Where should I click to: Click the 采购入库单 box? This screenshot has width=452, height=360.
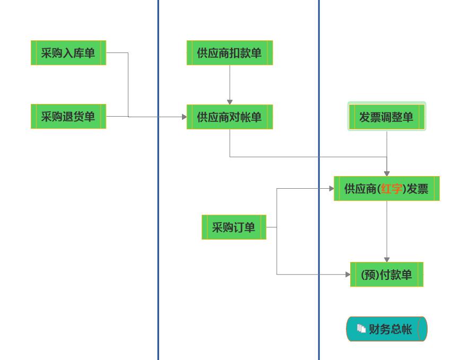(x=68, y=53)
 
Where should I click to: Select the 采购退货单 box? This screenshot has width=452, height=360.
(x=68, y=117)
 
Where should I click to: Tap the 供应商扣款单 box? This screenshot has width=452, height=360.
(x=230, y=53)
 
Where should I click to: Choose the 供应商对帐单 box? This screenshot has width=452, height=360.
(x=230, y=117)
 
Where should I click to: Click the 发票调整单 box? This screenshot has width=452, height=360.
(x=387, y=117)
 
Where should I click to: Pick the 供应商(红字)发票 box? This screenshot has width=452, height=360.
(x=387, y=189)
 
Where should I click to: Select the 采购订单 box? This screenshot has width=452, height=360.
(x=234, y=227)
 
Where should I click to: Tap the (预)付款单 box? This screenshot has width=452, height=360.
(x=387, y=275)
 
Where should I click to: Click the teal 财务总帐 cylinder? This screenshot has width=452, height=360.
(x=387, y=329)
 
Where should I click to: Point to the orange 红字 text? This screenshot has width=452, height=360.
(x=391, y=189)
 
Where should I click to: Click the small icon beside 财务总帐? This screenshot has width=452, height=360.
(x=361, y=329)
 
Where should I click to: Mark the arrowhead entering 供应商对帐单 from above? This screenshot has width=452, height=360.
(x=230, y=102)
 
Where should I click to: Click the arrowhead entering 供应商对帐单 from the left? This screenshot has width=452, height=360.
(x=184, y=117)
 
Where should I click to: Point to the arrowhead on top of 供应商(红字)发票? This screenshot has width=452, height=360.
(x=387, y=173)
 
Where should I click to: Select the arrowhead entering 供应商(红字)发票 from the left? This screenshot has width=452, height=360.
(x=332, y=188)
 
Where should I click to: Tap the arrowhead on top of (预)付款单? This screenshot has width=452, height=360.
(x=387, y=260)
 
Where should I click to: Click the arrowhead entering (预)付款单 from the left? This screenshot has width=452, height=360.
(x=348, y=275)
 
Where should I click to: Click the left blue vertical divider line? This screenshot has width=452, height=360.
(x=158, y=212)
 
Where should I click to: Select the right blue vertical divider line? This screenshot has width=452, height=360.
(x=319, y=239)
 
